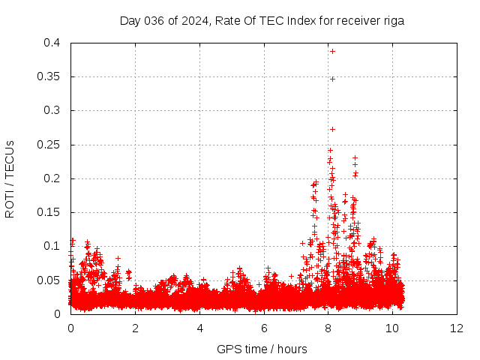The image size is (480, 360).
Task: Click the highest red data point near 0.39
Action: (332, 51)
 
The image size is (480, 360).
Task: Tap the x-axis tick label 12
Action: (457, 328)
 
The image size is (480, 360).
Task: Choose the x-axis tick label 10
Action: (392, 328)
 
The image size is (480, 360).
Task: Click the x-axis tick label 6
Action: (264, 328)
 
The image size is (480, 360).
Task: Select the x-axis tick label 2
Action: (135, 328)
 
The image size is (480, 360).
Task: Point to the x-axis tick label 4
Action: (199, 328)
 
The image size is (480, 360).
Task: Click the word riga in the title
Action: (394, 20)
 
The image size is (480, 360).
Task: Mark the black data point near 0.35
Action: (332, 79)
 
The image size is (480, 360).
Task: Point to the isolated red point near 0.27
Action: (332, 129)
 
